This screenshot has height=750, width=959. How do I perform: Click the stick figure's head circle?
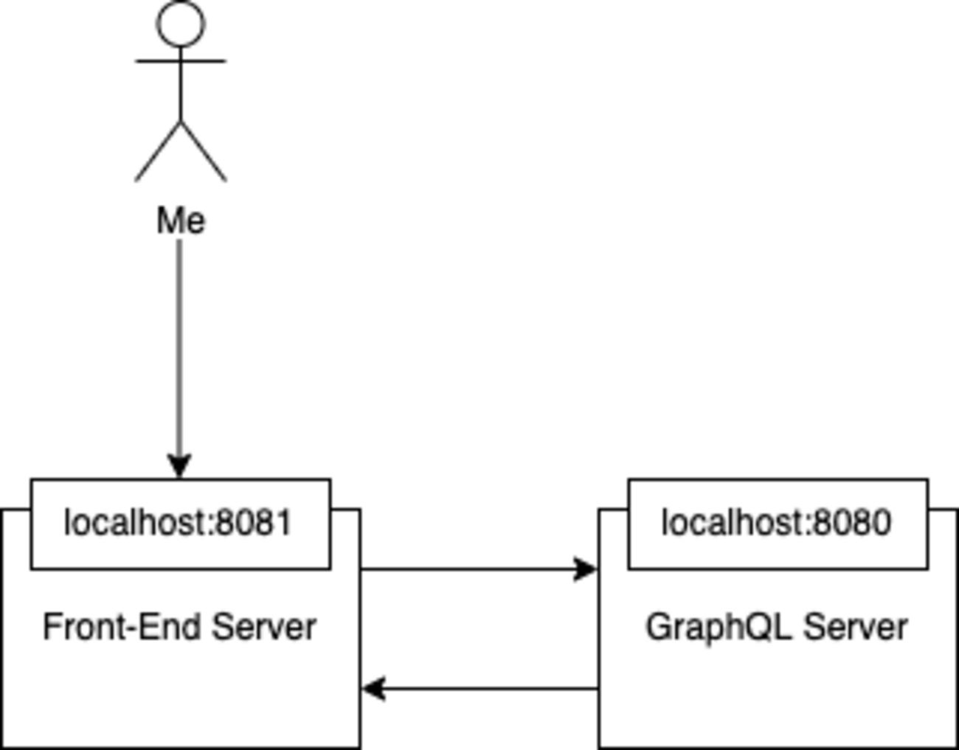[181, 23]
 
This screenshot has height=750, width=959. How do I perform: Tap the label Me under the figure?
[181, 221]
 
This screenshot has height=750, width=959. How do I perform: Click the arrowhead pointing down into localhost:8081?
[180, 467]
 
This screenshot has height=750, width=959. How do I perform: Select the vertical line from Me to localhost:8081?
[180, 347]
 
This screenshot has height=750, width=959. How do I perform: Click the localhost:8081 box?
[180, 524]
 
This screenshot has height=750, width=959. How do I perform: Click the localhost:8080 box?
[778, 524]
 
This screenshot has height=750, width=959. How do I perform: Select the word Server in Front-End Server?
[264, 627]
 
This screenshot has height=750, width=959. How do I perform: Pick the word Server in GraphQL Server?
[855, 627]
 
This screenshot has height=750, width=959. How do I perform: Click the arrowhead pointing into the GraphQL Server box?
[587, 569]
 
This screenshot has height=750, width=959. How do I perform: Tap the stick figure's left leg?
[158, 151]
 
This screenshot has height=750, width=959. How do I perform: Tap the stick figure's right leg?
[204, 151]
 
